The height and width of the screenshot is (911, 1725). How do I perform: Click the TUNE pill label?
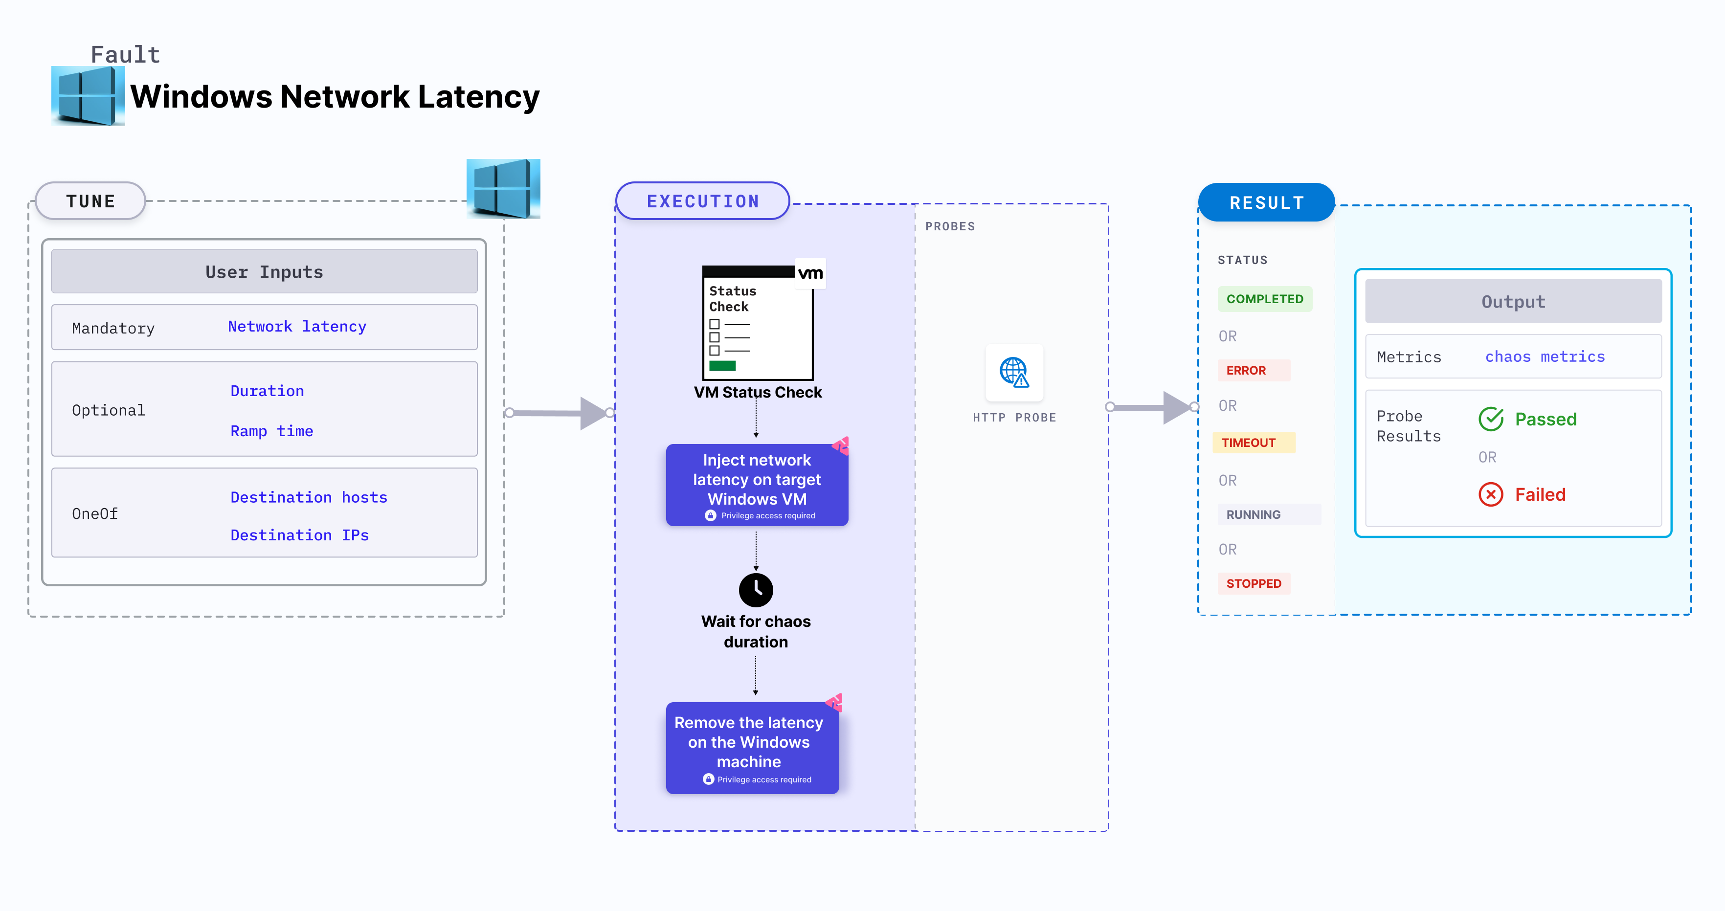pyautogui.click(x=90, y=201)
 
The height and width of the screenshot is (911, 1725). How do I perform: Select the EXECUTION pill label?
pyautogui.click(x=702, y=201)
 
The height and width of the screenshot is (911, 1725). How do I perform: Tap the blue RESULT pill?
pyautogui.click(x=1266, y=202)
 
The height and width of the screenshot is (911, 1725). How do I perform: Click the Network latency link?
pyautogui.click(x=297, y=327)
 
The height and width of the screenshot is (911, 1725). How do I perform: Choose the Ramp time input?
pyautogui.click(x=271, y=431)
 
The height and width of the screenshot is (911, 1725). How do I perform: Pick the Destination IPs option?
pyautogui.click(x=299, y=535)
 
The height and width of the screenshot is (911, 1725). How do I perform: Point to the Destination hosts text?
pyautogui.click(x=309, y=497)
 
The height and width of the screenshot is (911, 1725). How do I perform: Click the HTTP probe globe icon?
pyautogui.click(x=1014, y=372)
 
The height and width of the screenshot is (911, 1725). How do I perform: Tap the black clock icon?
pyautogui.click(x=755, y=590)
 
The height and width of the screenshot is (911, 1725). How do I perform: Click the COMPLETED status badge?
pyautogui.click(x=1264, y=299)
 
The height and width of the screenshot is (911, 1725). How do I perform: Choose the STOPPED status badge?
pyautogui.click(x=1253, y=583)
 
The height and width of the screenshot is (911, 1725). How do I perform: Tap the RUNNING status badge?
pyautogui.click(x=1253, y=514)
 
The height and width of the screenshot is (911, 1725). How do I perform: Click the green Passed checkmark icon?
pyautogui.click(x=1491, y=419)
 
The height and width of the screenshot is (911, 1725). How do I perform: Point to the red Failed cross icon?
pyautogui.click(x=1491, y=495)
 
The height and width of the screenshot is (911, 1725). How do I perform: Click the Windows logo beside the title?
pyautogui.click(x=88, y=96)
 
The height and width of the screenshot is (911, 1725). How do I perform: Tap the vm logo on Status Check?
pyautogui.click(x=810, y=273)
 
